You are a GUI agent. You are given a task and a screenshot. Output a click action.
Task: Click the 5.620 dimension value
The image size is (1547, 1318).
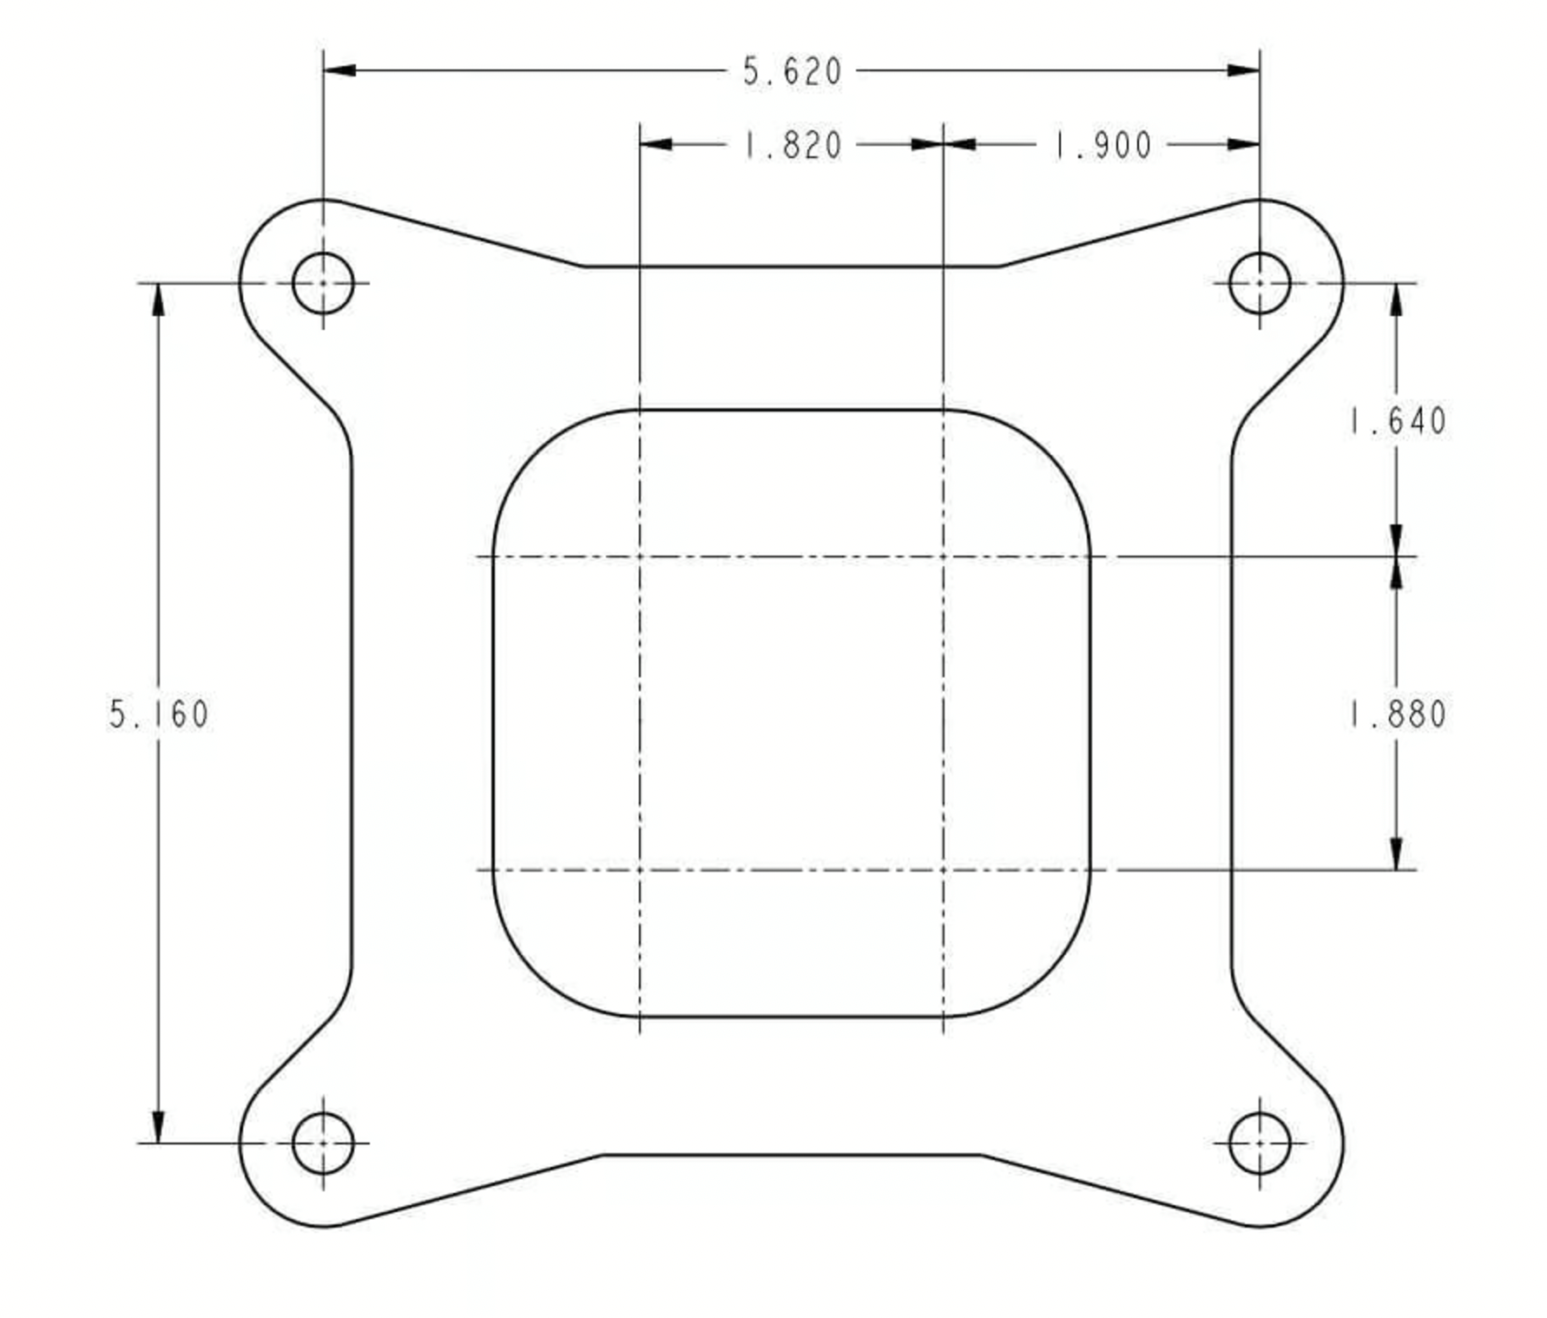pos(792,71)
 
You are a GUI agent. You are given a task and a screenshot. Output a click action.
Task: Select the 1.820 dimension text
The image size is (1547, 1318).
pos(793,145)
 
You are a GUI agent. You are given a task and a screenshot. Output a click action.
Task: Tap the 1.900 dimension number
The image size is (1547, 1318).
pos(1103,145)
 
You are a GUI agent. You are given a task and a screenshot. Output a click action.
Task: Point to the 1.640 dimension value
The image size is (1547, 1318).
pos(1397,421)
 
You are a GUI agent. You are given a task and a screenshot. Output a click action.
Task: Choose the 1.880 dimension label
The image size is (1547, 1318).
pos(1397,715)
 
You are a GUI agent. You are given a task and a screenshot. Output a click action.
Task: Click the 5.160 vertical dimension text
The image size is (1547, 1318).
pos(159,715)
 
